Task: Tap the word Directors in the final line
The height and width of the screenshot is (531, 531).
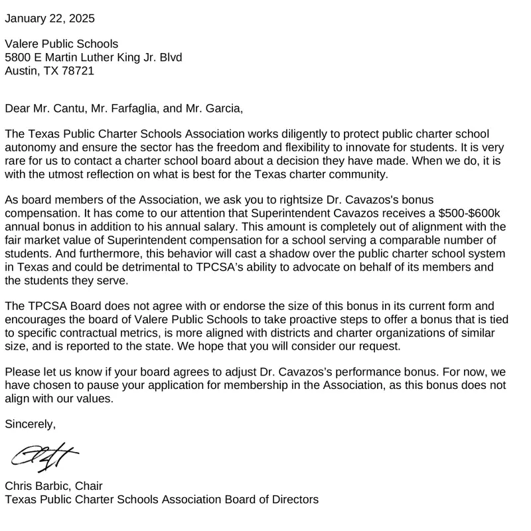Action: (294, 498)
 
